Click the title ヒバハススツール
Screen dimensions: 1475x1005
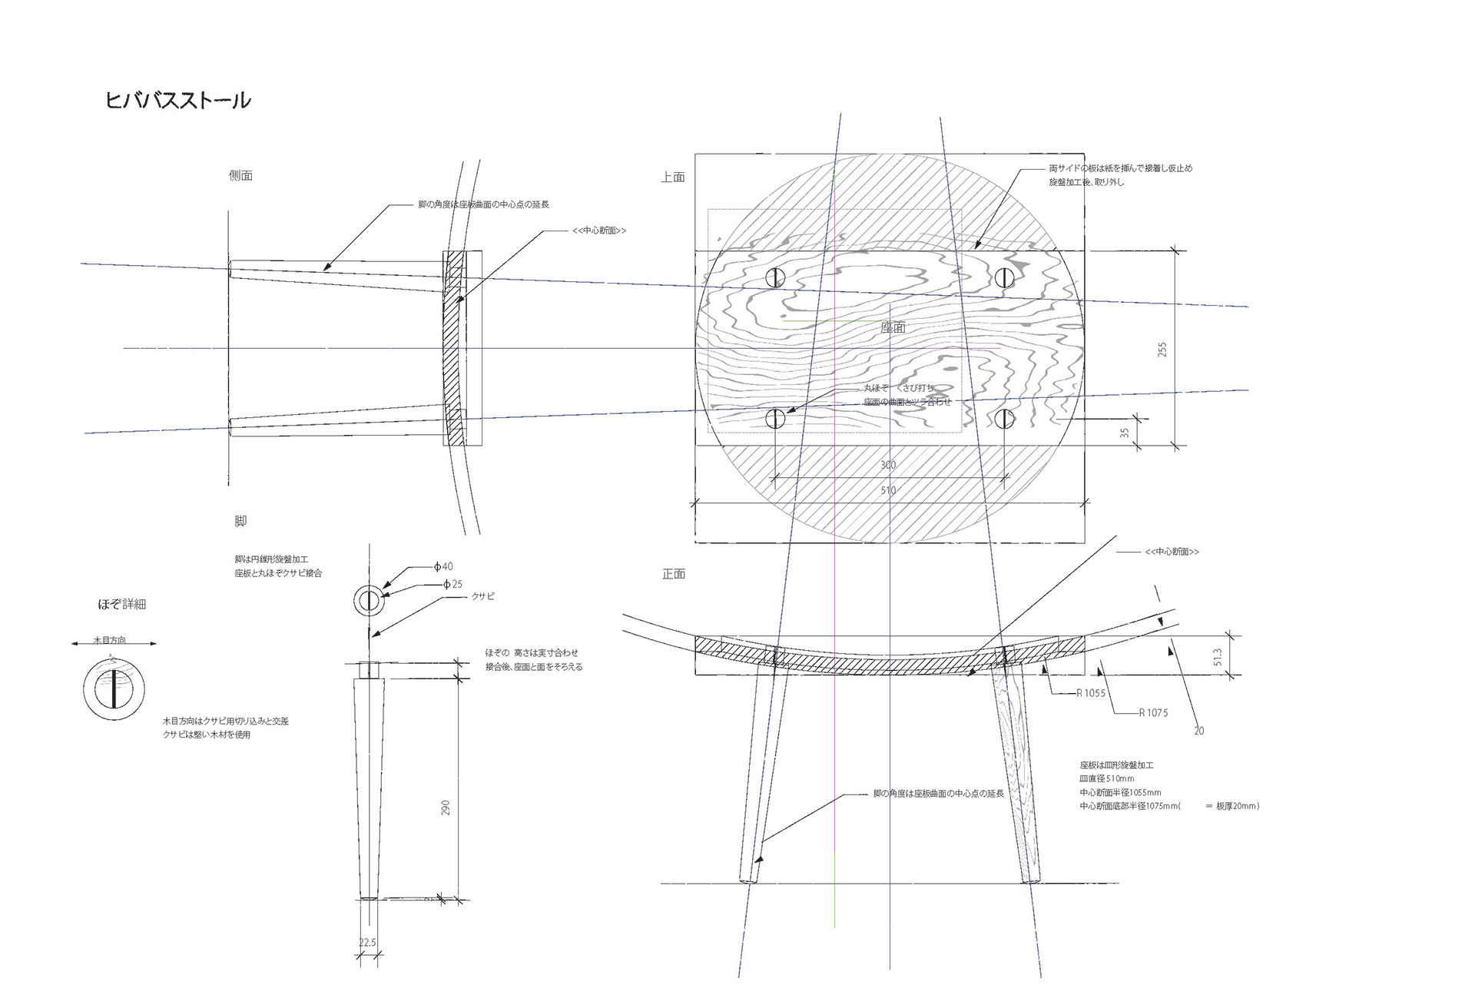click(x=178, y=101)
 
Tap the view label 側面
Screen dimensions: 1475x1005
click(x=240, y=176)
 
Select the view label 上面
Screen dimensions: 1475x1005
click(x=673, y=177)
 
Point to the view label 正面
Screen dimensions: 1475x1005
click(x=674, y=574)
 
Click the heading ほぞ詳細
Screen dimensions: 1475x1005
click(x=121, y=605)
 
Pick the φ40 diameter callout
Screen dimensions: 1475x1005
click(x=443, y=567)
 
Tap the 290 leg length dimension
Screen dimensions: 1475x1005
click(x=446, y=808)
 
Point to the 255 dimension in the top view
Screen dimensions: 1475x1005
click(x=1162, y=350)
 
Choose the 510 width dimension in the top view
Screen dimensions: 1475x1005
click(x=888, y=490)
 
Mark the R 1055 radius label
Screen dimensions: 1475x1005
click(x=1090, y=693)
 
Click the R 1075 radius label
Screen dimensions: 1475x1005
click(x=1152, y=713)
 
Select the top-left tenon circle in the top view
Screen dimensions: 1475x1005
click(x=775, y=277)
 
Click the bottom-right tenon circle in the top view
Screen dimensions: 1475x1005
click(x=1005, y=419)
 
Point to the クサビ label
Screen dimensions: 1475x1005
click(x=483, y=596)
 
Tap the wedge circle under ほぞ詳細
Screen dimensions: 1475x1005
click(x=114, y=689)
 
